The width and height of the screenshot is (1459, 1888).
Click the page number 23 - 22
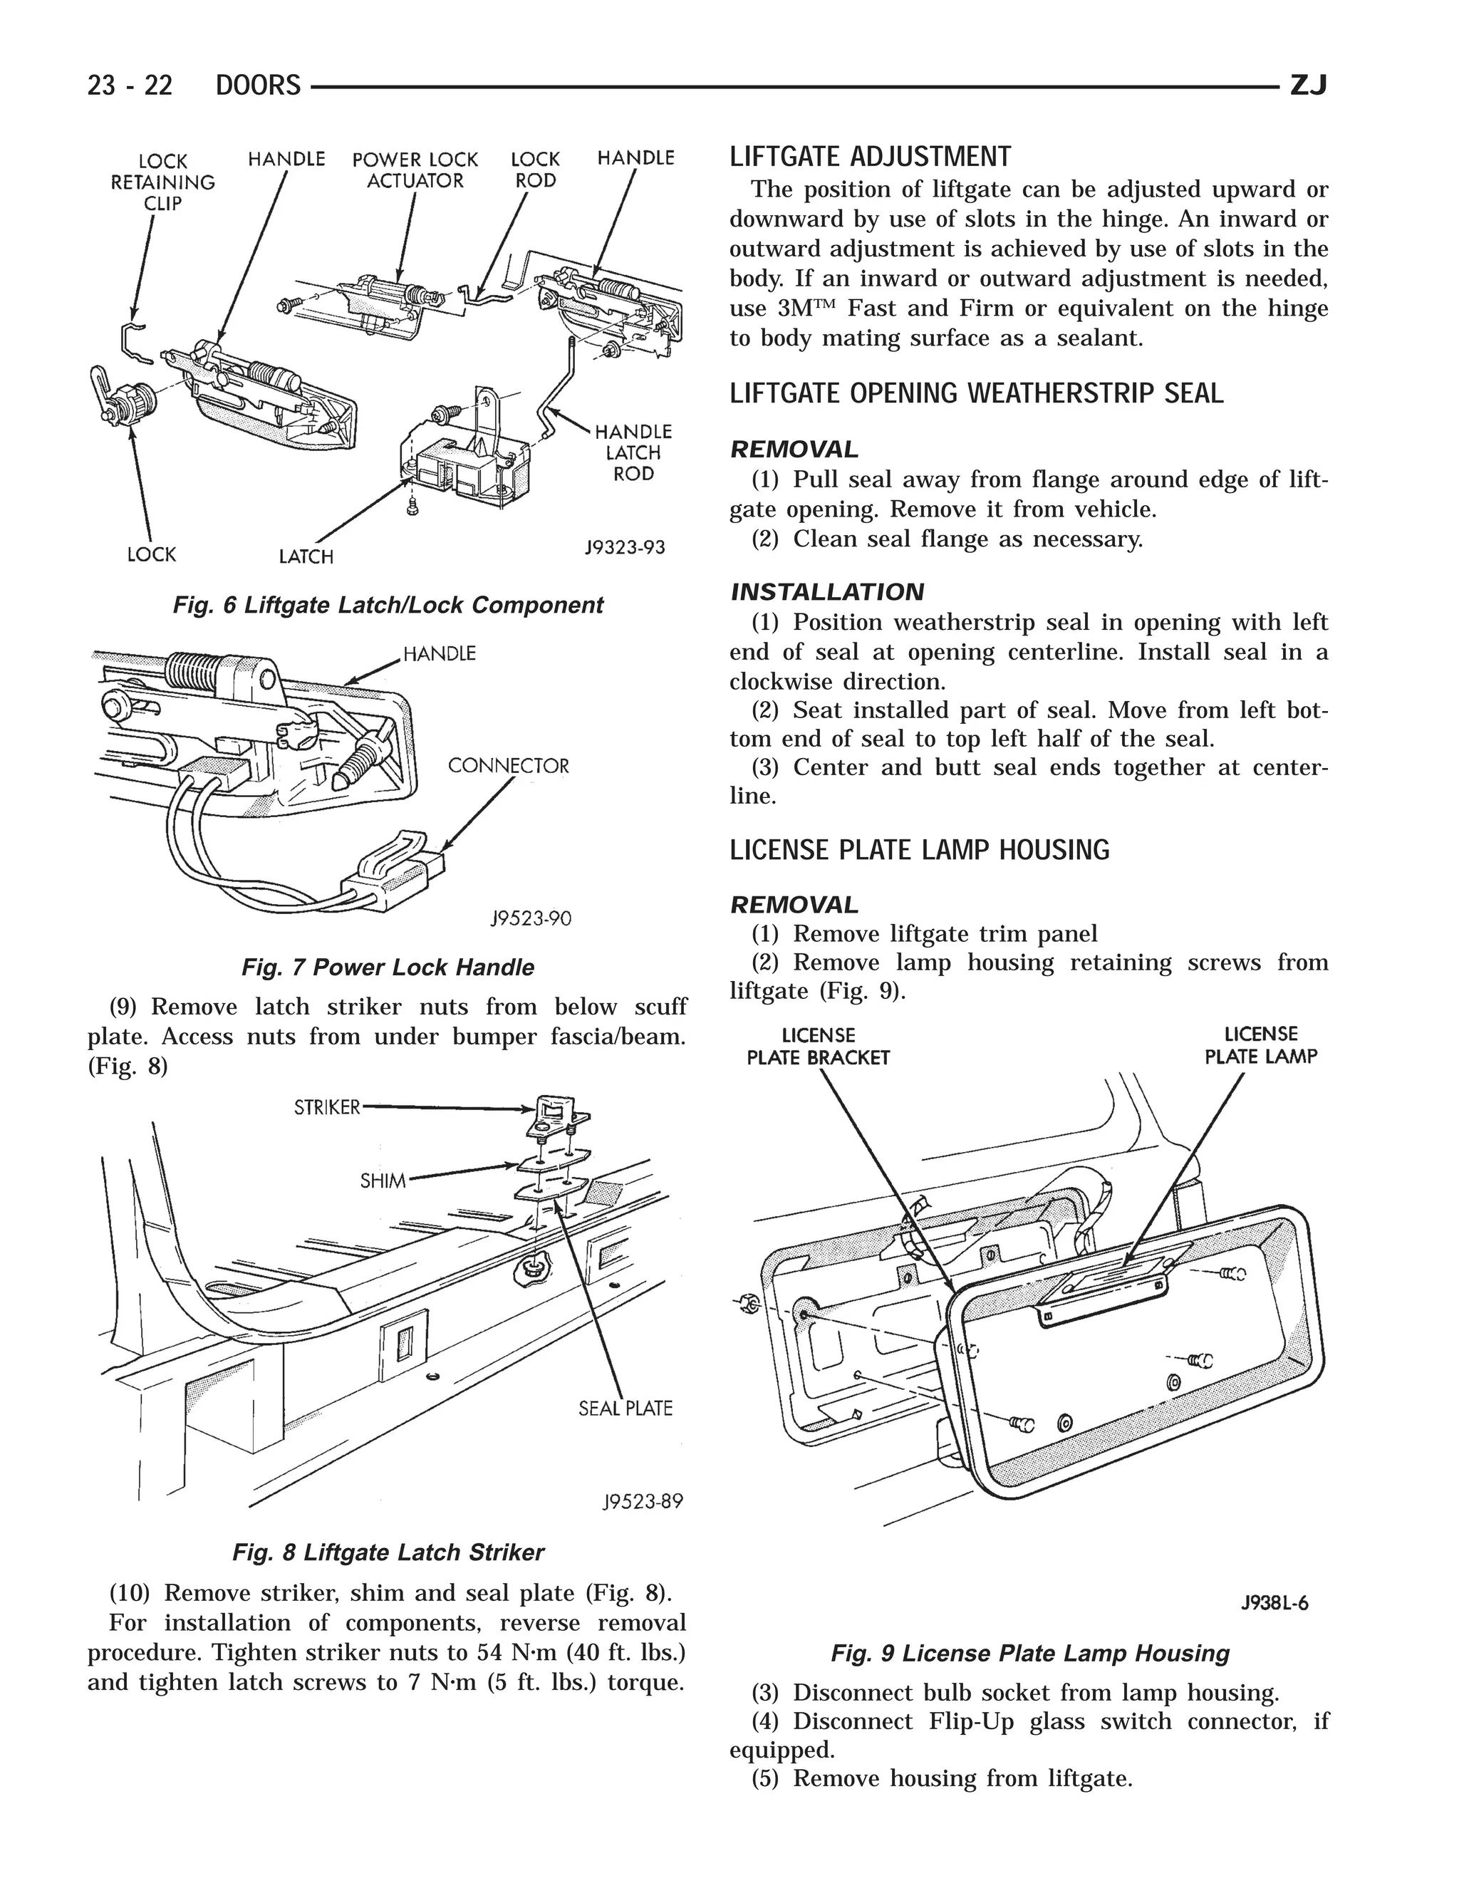pos(130,85)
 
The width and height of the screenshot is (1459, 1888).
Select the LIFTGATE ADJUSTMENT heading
pos(870,157)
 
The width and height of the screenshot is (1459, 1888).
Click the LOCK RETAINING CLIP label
pos(162,182)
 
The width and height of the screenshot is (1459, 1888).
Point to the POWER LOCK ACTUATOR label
pos(415,170)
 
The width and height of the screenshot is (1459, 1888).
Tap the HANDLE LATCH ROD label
pos(633,452)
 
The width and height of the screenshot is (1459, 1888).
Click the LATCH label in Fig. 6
pos(306,556)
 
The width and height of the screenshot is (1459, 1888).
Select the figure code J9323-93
pos(625,547)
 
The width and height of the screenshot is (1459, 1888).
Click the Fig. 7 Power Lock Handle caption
pos(388,968)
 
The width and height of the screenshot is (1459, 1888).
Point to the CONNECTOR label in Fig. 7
pos(508,766)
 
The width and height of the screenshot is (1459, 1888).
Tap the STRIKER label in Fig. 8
pos(327,1107)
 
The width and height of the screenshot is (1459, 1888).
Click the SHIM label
pos(383,1180)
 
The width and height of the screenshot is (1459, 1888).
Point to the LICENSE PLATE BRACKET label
pos(818,1046)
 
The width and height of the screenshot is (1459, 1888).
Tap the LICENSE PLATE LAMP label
pos(1260,1044)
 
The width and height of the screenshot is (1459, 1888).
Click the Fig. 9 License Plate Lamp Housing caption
pos(1029,1654)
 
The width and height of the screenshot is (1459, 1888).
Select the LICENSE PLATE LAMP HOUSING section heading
pos(919,850)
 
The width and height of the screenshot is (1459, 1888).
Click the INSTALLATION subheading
pos(827,592)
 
